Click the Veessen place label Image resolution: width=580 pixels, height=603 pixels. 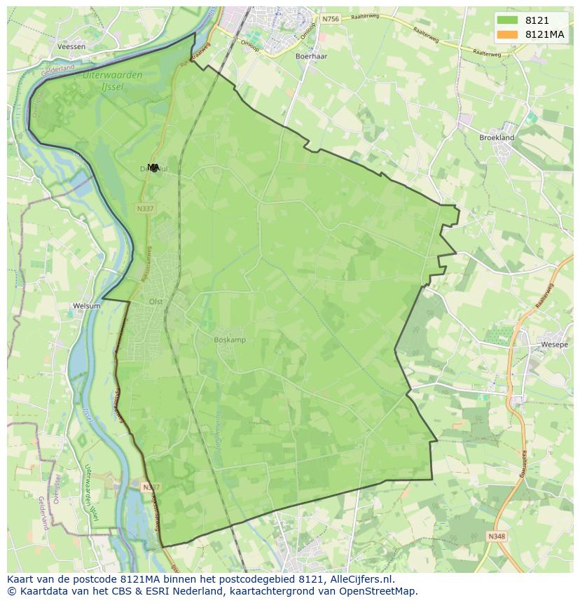point(73,47)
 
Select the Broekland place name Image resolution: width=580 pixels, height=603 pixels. point(497,138)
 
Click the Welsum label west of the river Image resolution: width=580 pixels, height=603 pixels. point(87,306)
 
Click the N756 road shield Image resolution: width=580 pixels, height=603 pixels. point(331,19)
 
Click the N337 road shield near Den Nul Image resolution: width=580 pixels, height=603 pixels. point(146,209)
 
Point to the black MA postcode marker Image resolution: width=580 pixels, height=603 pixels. point(154,167)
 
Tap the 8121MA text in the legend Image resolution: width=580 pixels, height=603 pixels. point(545,34)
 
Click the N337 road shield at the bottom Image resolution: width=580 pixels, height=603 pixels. point(150,487)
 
